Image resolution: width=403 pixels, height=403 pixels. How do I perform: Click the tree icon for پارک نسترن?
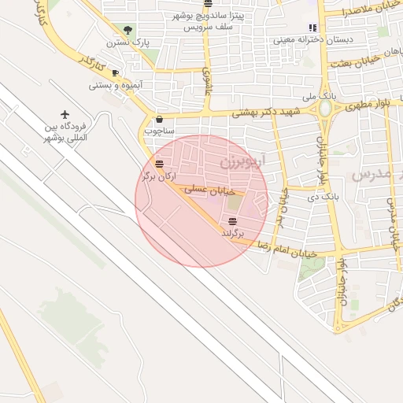point(128,30)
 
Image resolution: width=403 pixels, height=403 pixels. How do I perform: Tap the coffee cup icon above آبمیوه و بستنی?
point(115,73)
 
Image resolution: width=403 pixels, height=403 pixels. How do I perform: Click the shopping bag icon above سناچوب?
point(160,120)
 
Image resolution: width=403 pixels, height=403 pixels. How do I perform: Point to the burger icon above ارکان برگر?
point(160,165)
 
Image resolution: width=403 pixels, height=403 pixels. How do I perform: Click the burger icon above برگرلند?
point(231,220)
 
